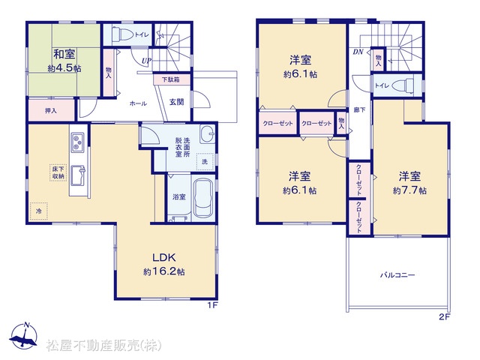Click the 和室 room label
coord(64,55)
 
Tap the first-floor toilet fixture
coord(121,34)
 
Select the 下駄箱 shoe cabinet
coord(172,79)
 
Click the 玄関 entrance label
coord(177,102)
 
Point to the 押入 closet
coord(52,109)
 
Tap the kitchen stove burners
coord(77,142)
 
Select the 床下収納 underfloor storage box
coord(58,172)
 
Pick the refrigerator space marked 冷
coord(39,211)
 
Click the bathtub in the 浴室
coord(203,198)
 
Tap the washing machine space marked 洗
coord(205,162)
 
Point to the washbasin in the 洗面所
coord(208,134)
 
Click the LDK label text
coord(164,257)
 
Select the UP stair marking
coord(146,61)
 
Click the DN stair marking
coord(358,52)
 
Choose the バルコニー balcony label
coord(397,275)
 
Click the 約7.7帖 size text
coord(409,190)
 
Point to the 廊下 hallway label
coord(359,109)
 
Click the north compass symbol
coord(23,335)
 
